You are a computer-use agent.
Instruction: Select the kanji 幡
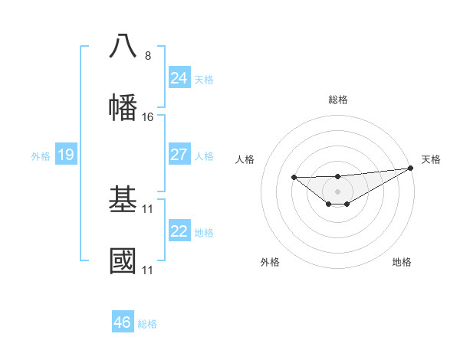pos(123,106)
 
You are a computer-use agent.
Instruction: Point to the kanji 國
pos(123,260)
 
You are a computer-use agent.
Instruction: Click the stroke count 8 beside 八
pos(148,55)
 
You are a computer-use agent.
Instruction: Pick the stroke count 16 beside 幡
pos(148,116)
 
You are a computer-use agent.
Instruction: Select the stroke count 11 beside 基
pos(148,209)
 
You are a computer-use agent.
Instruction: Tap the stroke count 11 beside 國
pos(148,270)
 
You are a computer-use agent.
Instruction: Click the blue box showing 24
pos(179,77)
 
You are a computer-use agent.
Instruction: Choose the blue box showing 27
pos(179,155)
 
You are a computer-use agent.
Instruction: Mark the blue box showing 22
pos(179,231)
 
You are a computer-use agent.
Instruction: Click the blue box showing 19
pos(65,155)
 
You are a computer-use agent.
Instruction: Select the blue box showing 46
pos(123,322)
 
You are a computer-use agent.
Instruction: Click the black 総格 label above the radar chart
pos(338,100)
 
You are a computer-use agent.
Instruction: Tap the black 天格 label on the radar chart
pos(431,159)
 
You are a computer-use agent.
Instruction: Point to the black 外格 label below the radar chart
pos(270,262)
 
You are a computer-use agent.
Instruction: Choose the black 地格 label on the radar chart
pos(402,262)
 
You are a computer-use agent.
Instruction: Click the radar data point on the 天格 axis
pos(411,168)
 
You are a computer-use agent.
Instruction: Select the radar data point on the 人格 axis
pos(294,178)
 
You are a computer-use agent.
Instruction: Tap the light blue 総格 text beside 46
pos(147,324)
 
